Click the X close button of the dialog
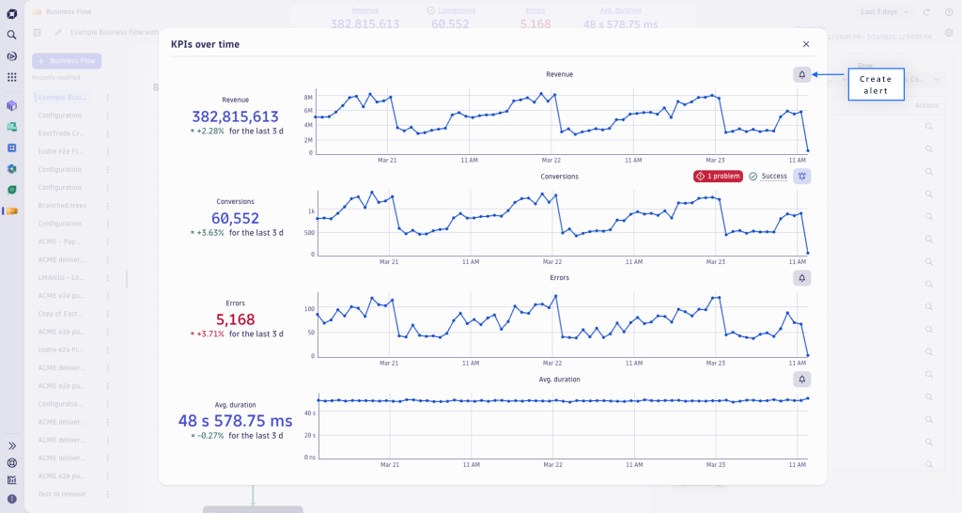pyautogui.click(x=806, y=44)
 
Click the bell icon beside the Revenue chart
pyautogui.click(x=801, y=74)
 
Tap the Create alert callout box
pyautogui.click(x=876, y=85)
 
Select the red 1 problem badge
pyautogui.click(x=718, y=176)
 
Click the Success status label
pyautogui.click(x=774, y=176)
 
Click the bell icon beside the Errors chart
pyautogui.click(x=801, y=278)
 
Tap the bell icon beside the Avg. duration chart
pyautogui.click(x=801, y=380)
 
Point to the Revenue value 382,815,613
pyautogui.click(x=235, y=117)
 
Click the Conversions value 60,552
pyautogui.click(x=235, y=218)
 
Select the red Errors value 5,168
pyautogui.click(x=235, y=319)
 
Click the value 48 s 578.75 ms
pyautogui.click(x=235, y=421)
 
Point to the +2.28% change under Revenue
pyautogui.click(x=210, y=131)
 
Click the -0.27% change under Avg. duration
pyautogui.click(x=210, y=435)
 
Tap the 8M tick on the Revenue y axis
pyautogui.click(x=308, y=97)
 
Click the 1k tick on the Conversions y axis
pyautogui.click(x=309, y=211)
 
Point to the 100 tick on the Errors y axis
pyautogui.click(x=308, y=309)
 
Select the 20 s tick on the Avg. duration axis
pyautogui.click(x=308, y=435)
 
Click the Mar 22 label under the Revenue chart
pyautogui.click(x=552, y=160)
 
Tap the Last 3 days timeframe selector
pyautogui.click(x=885, y=11)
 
